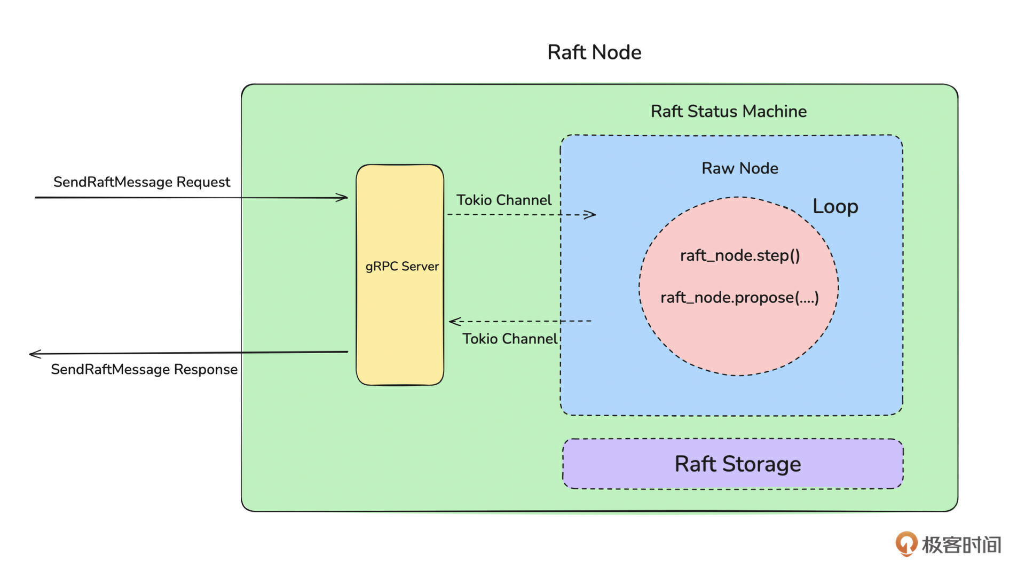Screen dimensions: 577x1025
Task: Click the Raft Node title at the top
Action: coord(594,52)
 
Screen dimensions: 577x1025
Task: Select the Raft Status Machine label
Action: coord(728,111)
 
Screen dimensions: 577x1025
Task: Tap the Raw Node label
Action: coord(739,168)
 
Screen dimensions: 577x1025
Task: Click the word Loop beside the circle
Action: coord(835,207)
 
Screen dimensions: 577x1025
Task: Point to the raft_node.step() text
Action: coord(740,255)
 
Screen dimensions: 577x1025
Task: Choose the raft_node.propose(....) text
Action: coord(739,298)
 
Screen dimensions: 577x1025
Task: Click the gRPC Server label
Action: coord(402,266)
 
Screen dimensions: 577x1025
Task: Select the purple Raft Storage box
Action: coord(733,464)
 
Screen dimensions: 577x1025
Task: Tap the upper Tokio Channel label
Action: coord(503,200)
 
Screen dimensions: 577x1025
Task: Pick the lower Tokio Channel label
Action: coord(509,339)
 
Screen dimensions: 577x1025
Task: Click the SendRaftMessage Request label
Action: coord(141,182)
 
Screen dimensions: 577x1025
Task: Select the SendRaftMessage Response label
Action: coord(144,369)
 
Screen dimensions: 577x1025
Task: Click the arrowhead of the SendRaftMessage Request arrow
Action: coord(344,198)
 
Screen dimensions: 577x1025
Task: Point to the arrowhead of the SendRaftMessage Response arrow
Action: coord(33,354)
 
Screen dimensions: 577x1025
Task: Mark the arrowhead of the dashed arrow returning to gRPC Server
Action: coord(453,321)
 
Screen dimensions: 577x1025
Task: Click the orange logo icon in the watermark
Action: coord(906,544)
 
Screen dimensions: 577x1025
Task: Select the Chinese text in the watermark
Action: coord(961,545)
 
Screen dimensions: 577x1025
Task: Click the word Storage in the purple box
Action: coord(761,464)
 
